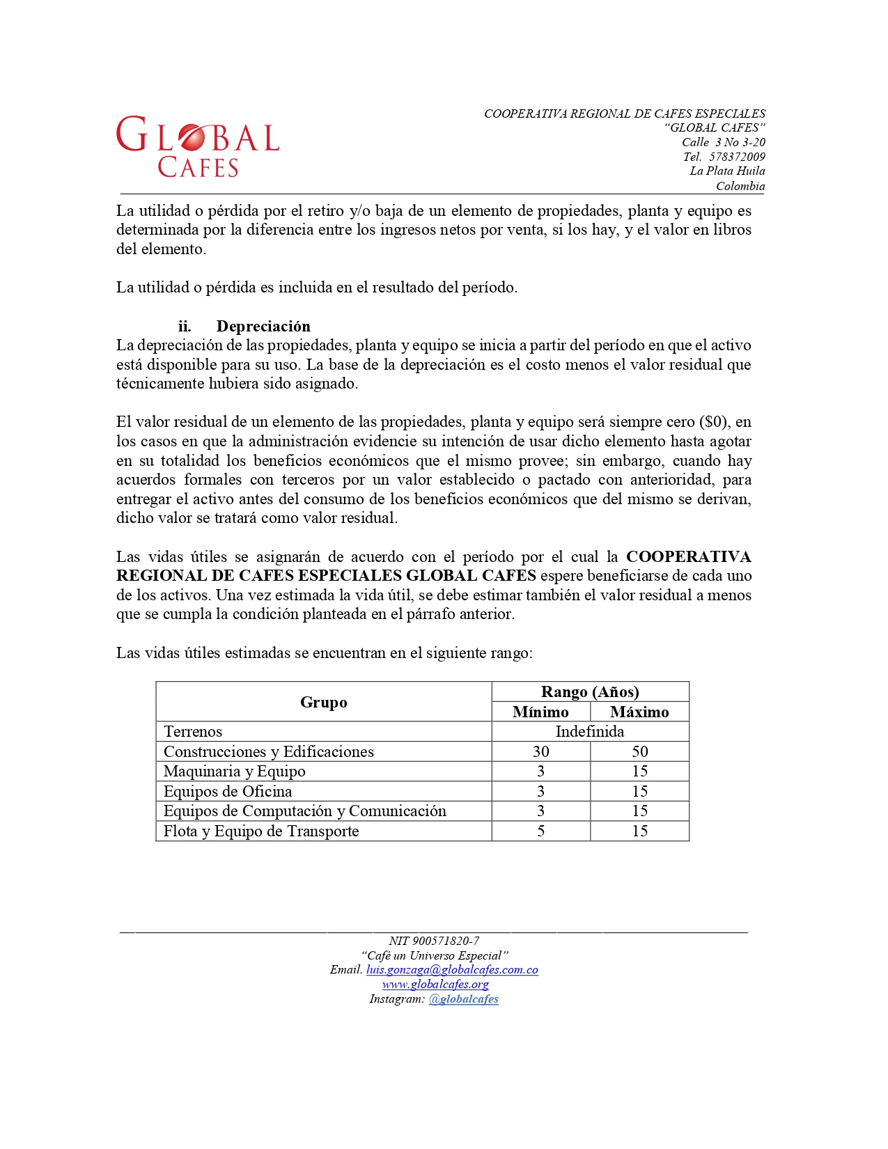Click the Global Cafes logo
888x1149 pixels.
198,146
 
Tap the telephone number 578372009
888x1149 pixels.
737,157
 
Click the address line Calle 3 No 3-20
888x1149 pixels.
723,142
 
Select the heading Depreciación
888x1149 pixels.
263,326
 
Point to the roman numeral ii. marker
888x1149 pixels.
184,326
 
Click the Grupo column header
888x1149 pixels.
323,702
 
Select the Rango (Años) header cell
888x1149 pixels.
590,691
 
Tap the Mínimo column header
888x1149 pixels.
540,712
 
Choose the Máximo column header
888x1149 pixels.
639,712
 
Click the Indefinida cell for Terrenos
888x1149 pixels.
590,731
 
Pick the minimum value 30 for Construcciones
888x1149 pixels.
540,751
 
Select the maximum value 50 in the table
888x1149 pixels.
639,751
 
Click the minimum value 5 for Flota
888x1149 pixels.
540,831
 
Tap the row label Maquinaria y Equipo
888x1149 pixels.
234,771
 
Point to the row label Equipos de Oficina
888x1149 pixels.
228,791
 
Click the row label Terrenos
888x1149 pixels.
193,731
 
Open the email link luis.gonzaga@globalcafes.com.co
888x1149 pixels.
452,969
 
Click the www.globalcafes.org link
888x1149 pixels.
435,984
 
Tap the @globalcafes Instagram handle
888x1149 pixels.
463,999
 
